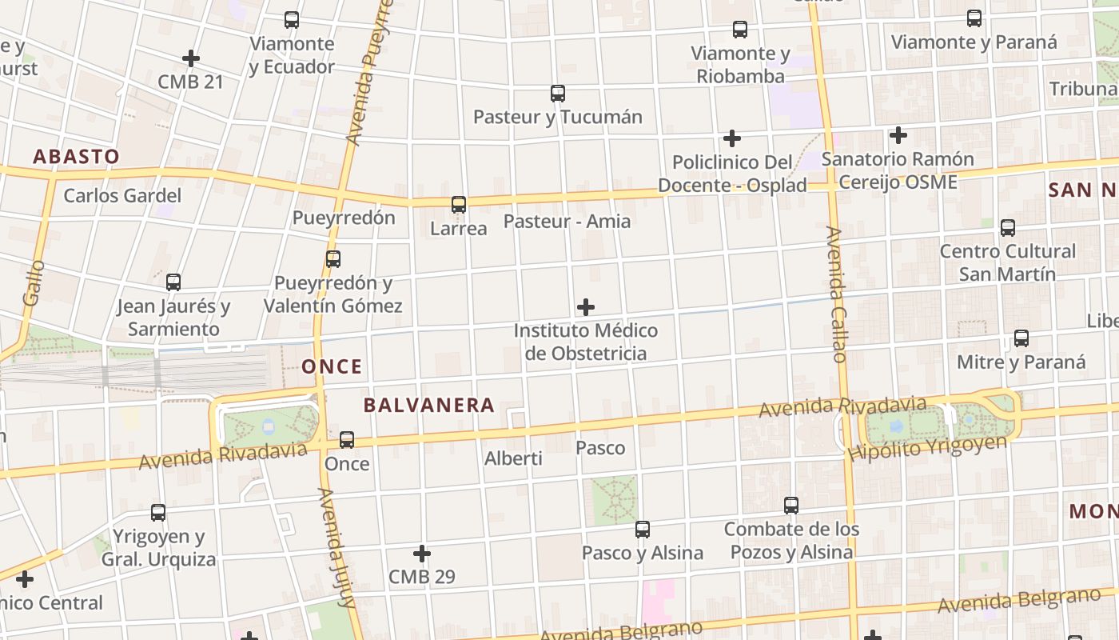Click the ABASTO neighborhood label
point(76,157)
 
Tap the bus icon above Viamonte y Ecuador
point(292,20)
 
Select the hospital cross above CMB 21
point(190,58)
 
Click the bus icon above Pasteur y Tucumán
point(558,94)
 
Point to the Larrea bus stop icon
point(459,205)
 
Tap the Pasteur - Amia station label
point(567,222)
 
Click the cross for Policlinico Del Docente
point(731,138)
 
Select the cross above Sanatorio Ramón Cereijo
point(898,135)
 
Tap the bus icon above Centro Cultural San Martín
point(1008,228)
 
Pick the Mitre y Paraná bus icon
point(1021,338)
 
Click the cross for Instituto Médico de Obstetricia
point(586,307)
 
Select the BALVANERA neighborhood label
point(429,406)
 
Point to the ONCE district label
point(332,367)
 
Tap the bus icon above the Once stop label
point(347,440)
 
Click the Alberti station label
point(513,458)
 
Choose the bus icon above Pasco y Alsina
point(643,530)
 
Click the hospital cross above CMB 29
point(422,554)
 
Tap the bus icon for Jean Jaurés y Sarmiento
point(173,282)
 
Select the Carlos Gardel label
point(122,196)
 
